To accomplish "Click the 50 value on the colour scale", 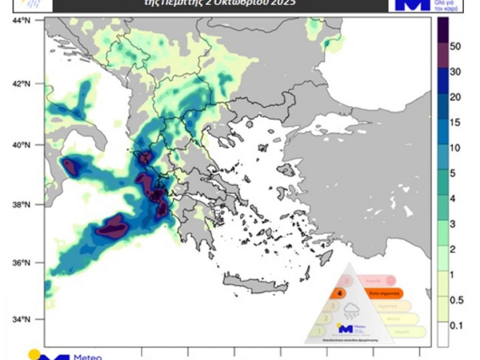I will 455,46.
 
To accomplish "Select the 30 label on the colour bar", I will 455,72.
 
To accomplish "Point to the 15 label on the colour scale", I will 455,123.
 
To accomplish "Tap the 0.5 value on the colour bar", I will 456,300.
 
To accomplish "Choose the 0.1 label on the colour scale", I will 456,325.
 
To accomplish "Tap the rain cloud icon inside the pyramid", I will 351,309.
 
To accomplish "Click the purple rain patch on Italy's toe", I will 72,166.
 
